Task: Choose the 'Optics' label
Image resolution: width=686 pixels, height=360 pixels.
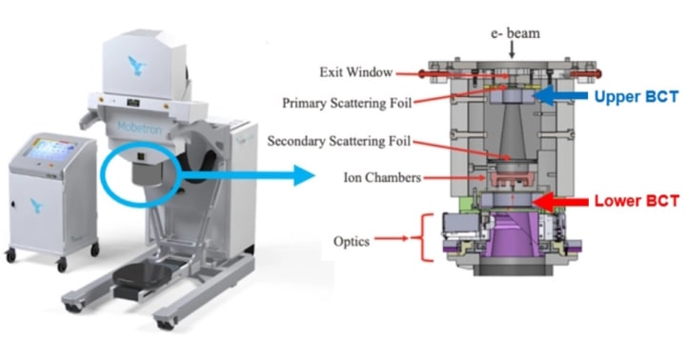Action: [350, 240]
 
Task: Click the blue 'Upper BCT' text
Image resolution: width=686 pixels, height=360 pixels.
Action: [636, 97]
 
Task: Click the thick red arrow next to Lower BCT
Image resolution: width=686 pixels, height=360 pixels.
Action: [560, 200]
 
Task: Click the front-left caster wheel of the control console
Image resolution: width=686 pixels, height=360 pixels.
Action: [10, 255]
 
